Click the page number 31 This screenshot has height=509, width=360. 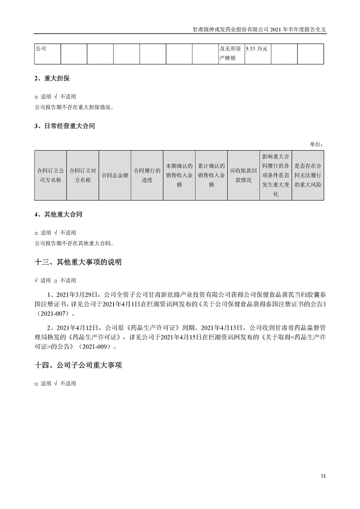click(x=323, y=476)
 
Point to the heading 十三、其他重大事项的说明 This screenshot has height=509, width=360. click(x=78, y=262)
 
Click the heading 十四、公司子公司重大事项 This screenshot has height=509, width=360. click(x=78, y=365)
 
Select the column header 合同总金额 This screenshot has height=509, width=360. click(x=115, y=175)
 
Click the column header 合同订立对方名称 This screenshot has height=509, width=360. click(x=83, y=175)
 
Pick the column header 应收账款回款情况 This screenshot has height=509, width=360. click(x=243, y=175)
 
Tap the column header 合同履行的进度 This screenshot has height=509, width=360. click(x=147, y=175)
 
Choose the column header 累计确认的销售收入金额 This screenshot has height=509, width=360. click(x=212, y=175)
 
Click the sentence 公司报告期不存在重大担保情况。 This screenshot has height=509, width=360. click(x=74, y=108)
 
